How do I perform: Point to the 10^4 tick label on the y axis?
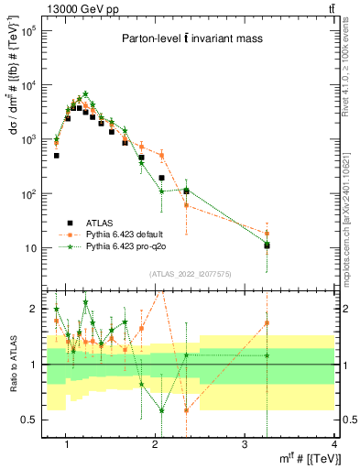pyautogui.click(x=29, y=85)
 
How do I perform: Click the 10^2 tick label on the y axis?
pyautogui.click(x=29, y=194)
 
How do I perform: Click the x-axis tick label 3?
pyautogui.click(x=244, y=444)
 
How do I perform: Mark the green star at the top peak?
pyautogui.click(x=85, y=94)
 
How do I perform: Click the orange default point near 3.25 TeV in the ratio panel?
pyautogui.click(x=267, y=322)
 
